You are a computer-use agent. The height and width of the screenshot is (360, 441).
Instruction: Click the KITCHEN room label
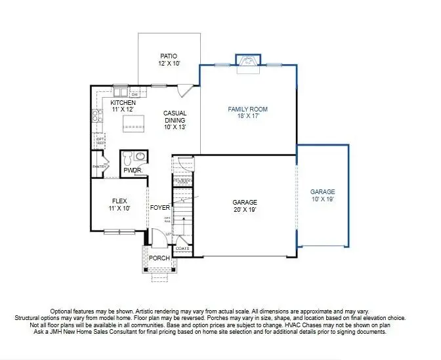[123, 104]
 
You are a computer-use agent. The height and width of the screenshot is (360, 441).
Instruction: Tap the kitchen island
[135, 123]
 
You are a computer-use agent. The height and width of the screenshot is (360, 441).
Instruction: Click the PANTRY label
[99, 167]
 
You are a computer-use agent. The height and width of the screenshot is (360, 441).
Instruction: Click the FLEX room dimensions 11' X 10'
[119, 208]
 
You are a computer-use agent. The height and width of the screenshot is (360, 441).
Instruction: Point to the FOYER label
[160, 208]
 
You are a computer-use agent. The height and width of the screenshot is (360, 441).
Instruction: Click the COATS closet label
[182, 249]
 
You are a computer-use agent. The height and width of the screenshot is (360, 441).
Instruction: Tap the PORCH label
[159, 258]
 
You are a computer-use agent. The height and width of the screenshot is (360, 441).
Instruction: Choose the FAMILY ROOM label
[247, 110]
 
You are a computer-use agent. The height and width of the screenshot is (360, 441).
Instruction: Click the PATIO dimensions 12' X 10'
[169, 64]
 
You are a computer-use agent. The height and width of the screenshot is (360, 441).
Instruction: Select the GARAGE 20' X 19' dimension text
[245, 210]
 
